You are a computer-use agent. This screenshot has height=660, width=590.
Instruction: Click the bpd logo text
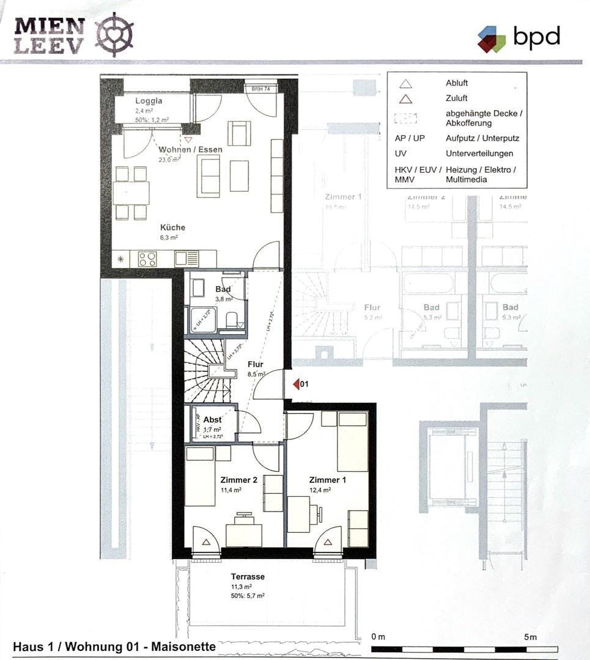(x=536, y=37)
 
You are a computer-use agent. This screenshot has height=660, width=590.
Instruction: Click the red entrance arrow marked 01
(x=296, y=384)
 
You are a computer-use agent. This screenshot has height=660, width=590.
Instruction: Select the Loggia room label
(x=149, y=101)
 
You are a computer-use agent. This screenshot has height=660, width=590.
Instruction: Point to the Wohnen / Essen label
(x=190, y=149)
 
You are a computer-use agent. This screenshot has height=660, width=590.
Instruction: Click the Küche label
(x=172, y=227)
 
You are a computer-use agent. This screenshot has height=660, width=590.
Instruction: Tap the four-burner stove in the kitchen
(x=147, y=259)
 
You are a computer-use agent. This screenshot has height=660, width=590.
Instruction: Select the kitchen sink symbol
(x=186, y=259)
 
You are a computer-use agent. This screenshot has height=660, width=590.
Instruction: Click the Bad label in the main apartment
(x=223, y=289)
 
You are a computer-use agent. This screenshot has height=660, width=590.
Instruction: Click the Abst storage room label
(x=212, y=420)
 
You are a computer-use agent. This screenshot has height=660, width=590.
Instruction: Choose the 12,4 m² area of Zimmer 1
(x=320, y=490)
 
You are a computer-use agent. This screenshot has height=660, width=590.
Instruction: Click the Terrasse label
(x=248, y=576)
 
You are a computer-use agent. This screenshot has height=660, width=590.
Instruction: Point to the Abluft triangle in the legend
(x=405, y=84)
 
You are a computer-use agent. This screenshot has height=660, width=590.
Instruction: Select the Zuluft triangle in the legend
(x=405, y=98)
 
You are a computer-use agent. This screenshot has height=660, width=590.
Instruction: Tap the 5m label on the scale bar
(x=530, y=637)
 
